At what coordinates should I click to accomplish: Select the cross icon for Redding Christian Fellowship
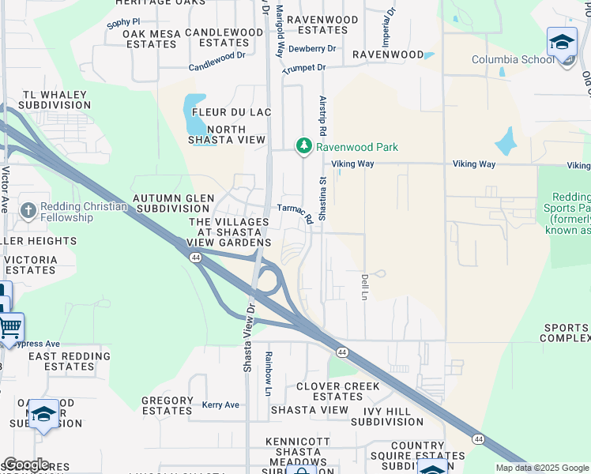coord(28,210)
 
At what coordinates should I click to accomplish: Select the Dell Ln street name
coord(365,287)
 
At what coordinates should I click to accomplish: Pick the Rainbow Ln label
coord(269,365)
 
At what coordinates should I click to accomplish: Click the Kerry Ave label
coord(220,405)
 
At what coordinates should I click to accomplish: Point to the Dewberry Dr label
coord(312,49)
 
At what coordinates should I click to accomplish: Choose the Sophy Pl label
coord(122,24)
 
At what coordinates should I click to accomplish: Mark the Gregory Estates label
coord(167,406)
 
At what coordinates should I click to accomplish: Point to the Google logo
coord(25,465)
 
